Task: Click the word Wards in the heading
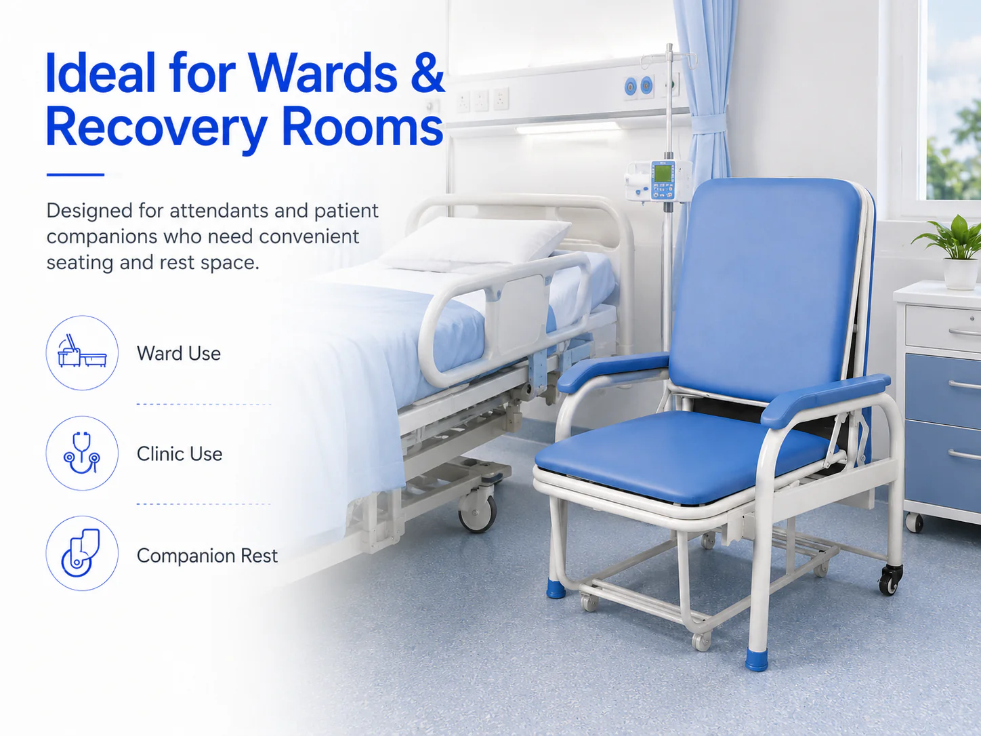(322, 73)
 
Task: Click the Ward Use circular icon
(82, 352)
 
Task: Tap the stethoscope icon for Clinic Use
(82, 453)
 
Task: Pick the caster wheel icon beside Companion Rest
(82, 553)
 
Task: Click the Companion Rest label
(207, 556)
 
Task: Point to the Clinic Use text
(180, 453)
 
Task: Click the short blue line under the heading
(75, 175)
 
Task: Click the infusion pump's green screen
(662, 171)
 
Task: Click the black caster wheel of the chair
(890, 579)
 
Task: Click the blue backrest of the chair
(765, 291)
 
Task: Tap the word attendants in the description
(219, 211)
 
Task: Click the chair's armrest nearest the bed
(613, 371)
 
